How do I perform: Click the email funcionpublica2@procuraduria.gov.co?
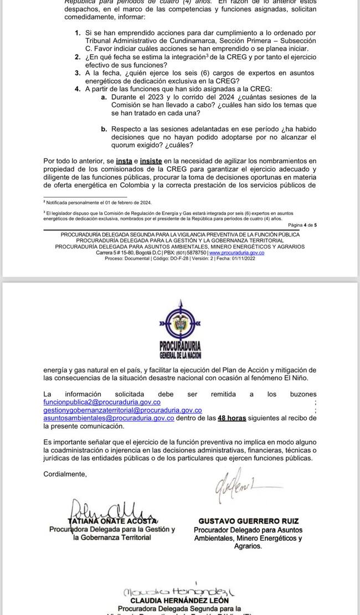click(102, 402)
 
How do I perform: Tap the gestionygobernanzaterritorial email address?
click(122, 410)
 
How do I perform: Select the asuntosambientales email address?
click(109, 418)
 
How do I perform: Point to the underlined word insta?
click(124, 161)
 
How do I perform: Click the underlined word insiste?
click(151, 161)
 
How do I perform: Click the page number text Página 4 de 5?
click(302, 225)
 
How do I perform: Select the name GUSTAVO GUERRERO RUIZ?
click(248, 521)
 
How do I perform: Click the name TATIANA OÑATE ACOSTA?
click(112, 521)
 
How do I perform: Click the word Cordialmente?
click(65, 474)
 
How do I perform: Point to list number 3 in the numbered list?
click(78, 73)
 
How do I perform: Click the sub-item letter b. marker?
click(104, 129)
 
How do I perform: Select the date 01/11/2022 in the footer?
click(243, 258)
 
